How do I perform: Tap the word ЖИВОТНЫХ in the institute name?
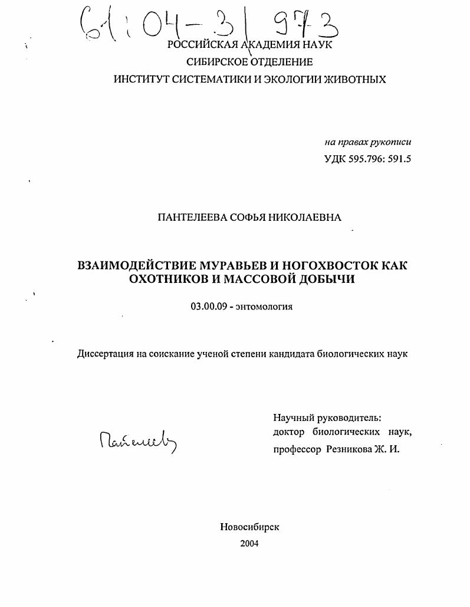[x=353, y=79]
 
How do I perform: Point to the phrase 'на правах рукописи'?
[x=367, y=142]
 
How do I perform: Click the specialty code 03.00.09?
[x=208, y=306]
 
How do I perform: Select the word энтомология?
[x=264, y=306]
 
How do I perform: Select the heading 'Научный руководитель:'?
[x=327, y=417]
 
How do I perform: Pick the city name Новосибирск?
[x=249, y=527]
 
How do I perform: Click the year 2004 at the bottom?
[x=249, y=544]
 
